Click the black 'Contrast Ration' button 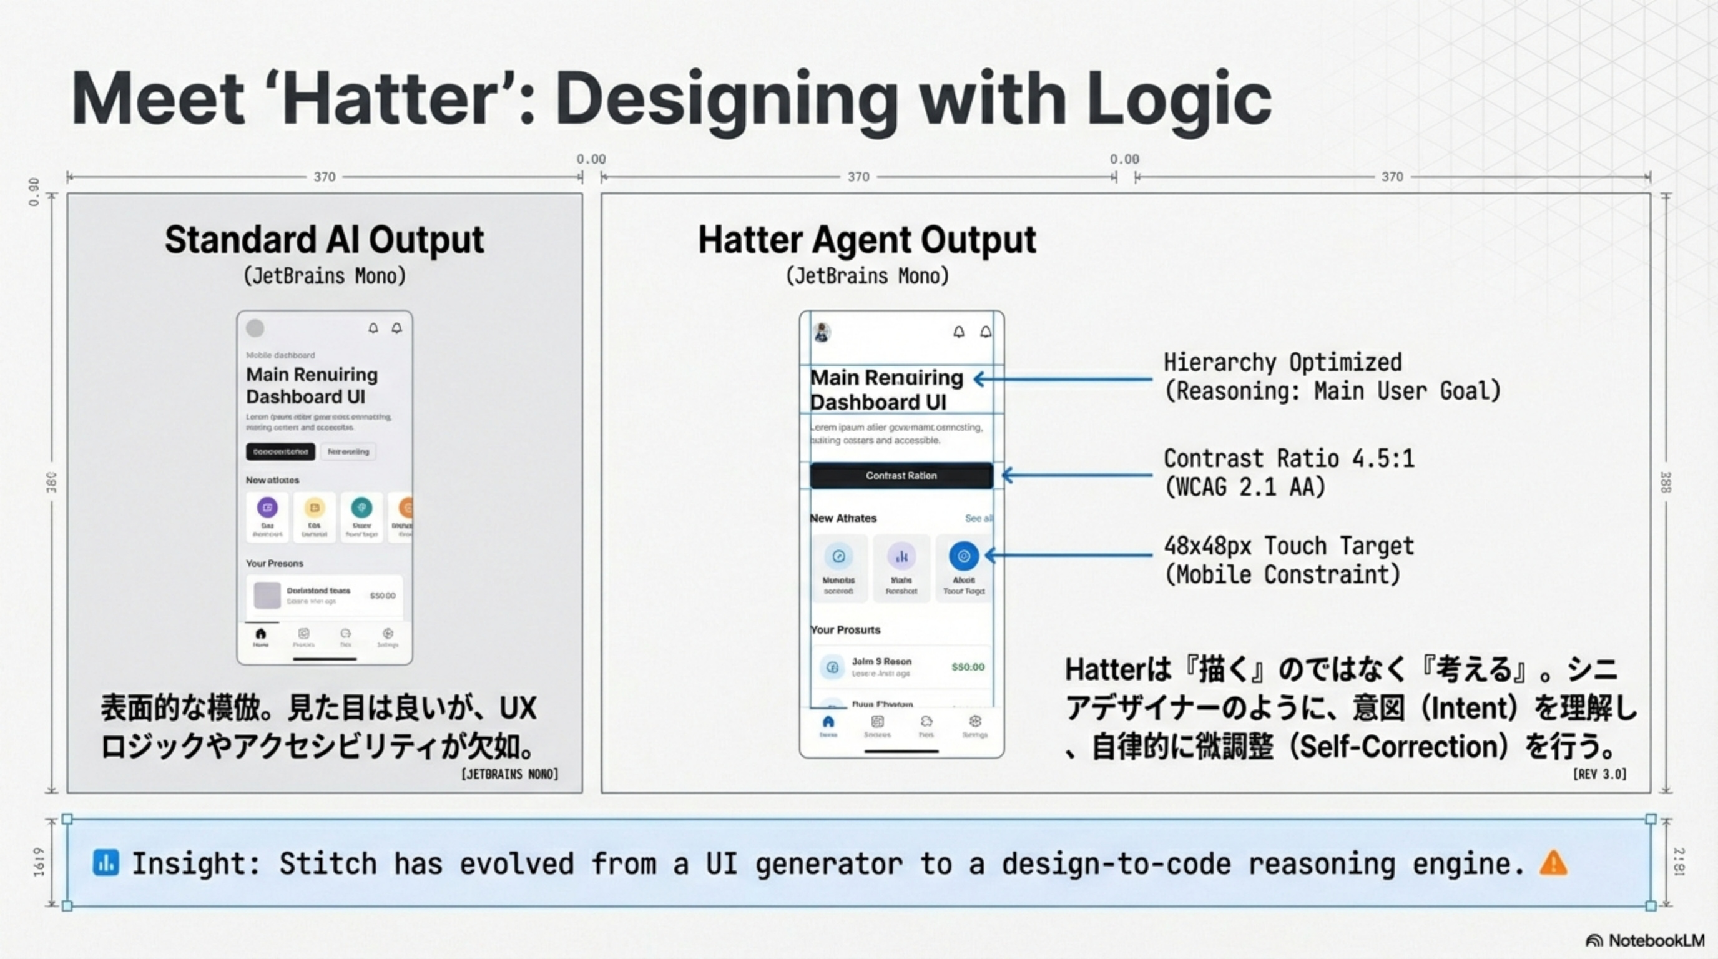pos(901,476)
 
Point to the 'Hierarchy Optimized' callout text pos(1282,363)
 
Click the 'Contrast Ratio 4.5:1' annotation pos(1288,459)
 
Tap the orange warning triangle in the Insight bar pos(1553,863)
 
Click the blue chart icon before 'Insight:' pos(106,863)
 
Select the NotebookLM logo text pos(1656,940)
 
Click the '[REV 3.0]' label pos(1599,774)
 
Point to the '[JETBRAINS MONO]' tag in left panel pos(509,774)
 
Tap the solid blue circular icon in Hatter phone pos(963,556)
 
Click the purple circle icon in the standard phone pos(267,508)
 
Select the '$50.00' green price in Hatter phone pos(967,667)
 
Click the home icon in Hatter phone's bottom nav pos(828,722)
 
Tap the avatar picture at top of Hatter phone pos(822,332)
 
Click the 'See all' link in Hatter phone pos(978,518)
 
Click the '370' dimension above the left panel pos(324,177)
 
